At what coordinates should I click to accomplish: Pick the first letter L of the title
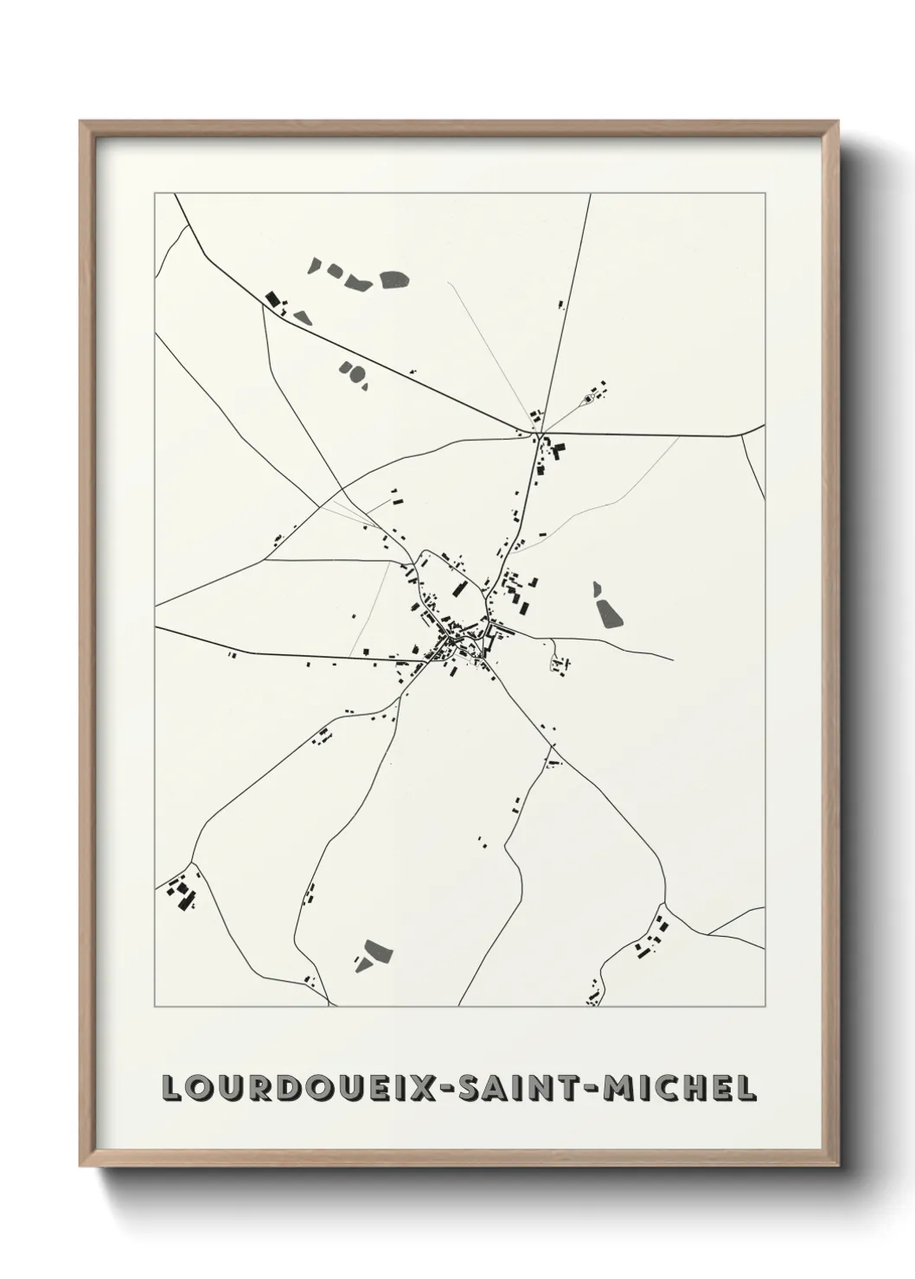pos(171,1088)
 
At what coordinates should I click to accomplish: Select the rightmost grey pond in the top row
pos(394,279)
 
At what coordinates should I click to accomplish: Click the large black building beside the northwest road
pos(272,300)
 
